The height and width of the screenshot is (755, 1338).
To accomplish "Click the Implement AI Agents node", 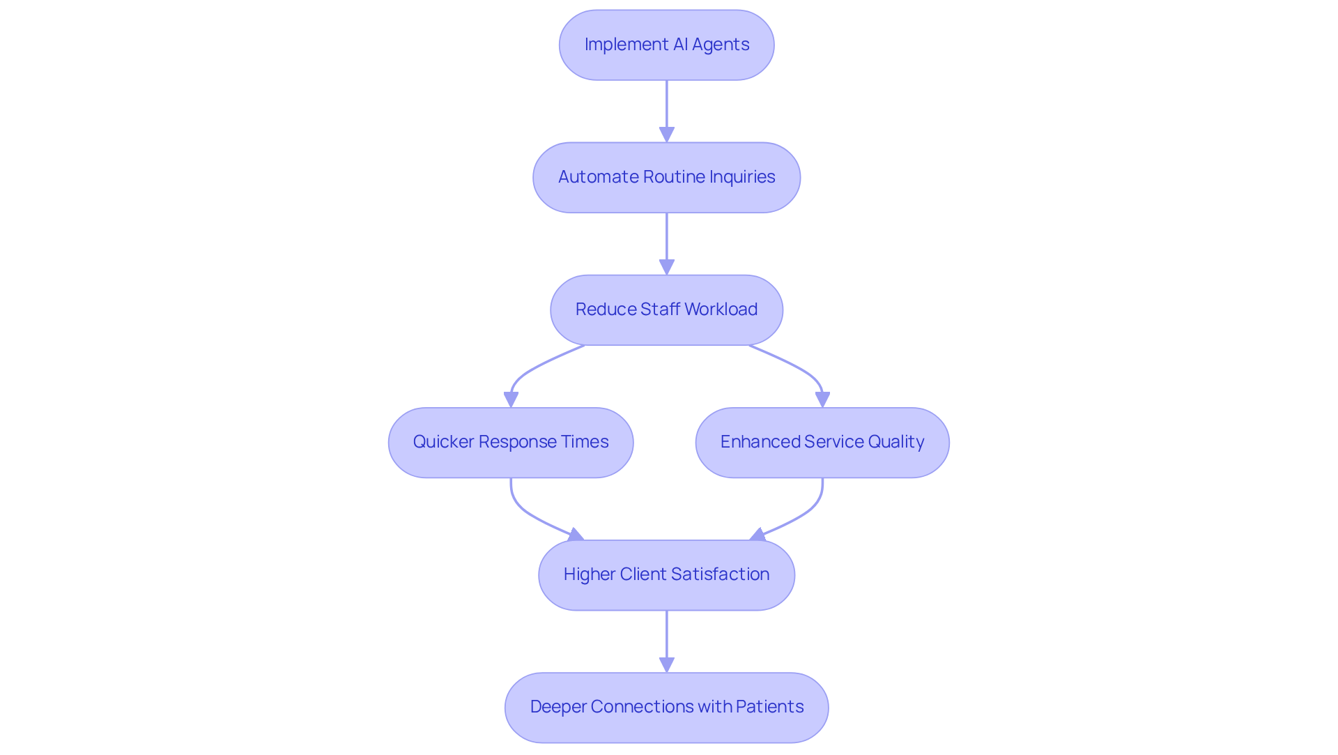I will [x=666, y=45].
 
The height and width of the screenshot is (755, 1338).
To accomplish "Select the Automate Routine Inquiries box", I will [x=666, y=177].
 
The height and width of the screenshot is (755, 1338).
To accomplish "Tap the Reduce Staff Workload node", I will [x=666, y=310].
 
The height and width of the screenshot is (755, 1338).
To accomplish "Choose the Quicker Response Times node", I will [x=511, y=442].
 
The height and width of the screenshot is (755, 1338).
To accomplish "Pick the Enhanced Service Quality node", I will [x=822, y=442].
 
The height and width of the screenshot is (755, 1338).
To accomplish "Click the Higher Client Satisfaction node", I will [x=666, y=574].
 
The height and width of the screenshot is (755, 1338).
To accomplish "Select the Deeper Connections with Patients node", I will [x=666, y=707].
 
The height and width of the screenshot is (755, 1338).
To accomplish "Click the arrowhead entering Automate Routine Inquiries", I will [x=667, y=135].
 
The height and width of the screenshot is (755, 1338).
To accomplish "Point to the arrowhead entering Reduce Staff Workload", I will [x=667, y=267].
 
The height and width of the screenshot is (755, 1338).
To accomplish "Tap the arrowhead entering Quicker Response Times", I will [x=511, y=399].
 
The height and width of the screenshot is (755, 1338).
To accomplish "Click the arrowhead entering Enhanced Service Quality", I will [x=822, y=399].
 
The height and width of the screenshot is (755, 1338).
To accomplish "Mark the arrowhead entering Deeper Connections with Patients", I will [x=667, y=664].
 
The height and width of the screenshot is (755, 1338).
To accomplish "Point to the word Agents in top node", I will [x=721, y=45].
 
